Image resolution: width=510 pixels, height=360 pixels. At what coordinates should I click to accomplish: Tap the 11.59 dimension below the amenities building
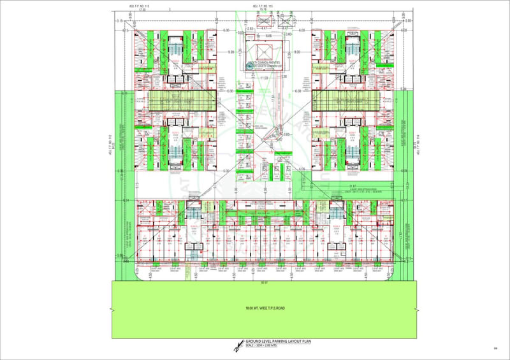pos(263,78)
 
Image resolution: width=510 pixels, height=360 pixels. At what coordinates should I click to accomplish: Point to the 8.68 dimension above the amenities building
pos(268,36)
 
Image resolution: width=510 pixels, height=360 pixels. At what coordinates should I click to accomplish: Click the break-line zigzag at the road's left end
pos(112,310)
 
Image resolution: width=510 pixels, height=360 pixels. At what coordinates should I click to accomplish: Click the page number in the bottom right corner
pos(495,348)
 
